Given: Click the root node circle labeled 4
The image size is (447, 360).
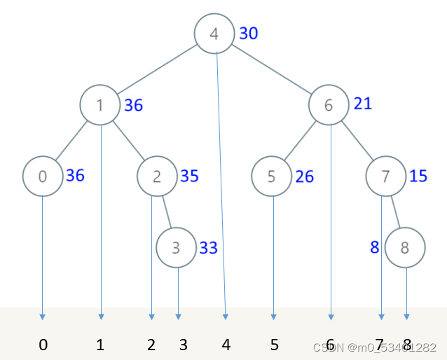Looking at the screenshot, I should (x=214, y=33).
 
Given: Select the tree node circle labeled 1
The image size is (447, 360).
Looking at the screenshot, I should (x=100, y=105).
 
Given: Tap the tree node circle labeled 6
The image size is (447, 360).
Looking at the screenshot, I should (x=329, y=105).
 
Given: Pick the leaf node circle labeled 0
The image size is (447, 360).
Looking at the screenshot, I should (x=42, y=176).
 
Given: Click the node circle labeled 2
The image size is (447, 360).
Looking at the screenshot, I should (x=157, y=176).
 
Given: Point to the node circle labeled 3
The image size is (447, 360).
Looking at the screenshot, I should (x=177, y=247).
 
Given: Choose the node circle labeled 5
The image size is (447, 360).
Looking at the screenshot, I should (x=272, y=176).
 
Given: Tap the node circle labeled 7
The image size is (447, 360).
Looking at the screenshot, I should (x=386, y=176).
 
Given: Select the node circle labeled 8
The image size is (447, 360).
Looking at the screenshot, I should (x=406, y=247).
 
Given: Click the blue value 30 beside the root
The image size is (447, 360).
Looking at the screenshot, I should (x=249, y=33).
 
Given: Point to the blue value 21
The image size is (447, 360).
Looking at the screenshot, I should (x=363, y=104).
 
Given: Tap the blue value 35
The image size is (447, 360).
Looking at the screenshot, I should (x=189, y=175).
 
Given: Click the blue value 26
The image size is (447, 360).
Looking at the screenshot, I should (x=305, y=176).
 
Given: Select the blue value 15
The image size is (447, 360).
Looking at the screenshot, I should (x=418, y=175).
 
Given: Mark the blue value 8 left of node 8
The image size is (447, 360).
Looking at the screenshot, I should (x=375, y=247).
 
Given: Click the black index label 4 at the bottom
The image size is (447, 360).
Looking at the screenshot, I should (x=226, y=345).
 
